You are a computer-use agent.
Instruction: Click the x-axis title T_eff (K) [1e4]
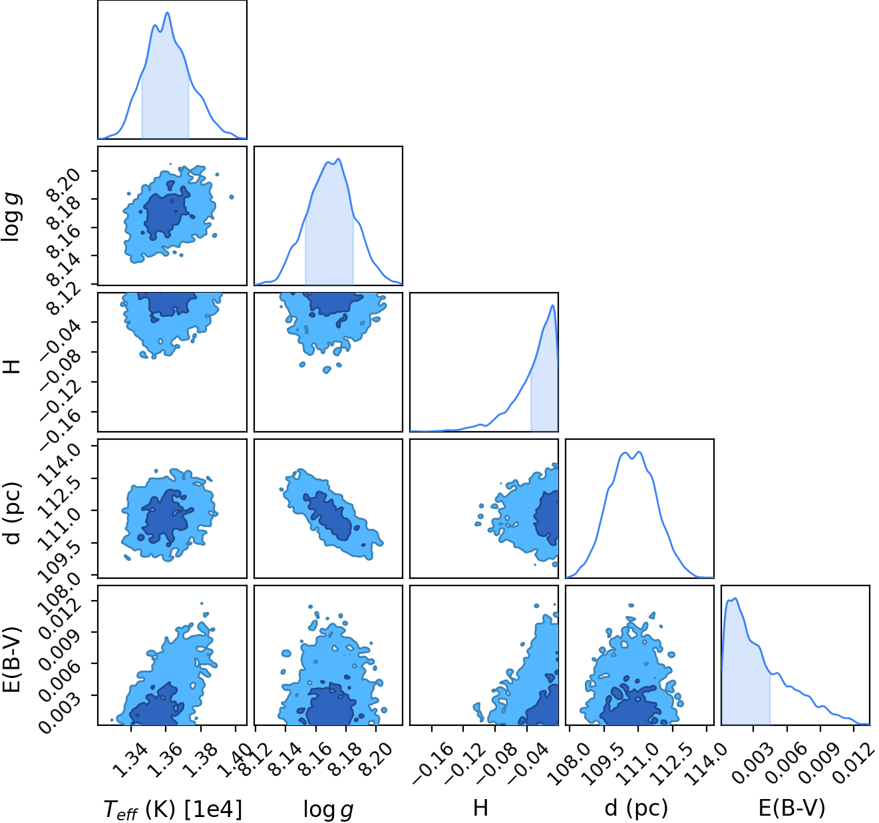pyautogui.click(x=172, y=808)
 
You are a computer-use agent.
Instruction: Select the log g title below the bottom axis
pyautogui.click(x=328, y=809)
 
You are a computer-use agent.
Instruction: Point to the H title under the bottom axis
pyautogui.click(x=480, y=808)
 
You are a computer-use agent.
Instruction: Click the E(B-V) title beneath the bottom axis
pyautogui.click(x=792, y=808)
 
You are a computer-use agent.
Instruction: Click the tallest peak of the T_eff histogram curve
pyautogui.click(x=168, y=13)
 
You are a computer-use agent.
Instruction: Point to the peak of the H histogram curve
pyautogui.click(x=552, y=305)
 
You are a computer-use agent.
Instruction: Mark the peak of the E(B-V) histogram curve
pyautogui.click(x=735, y=599)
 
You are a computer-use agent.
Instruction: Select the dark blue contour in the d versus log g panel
pyautogui.click(x=328, y=516)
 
